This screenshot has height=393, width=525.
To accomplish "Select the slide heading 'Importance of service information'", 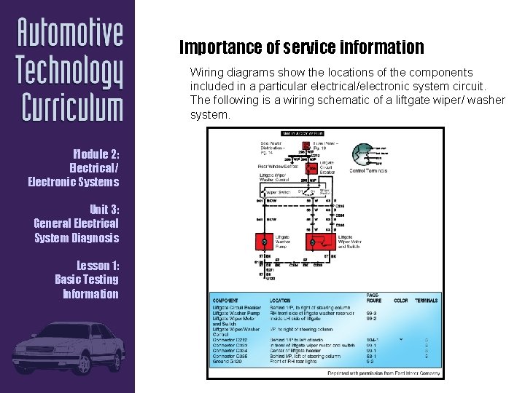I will pos(301,48).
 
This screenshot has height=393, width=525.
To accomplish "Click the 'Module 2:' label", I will pos(96,154).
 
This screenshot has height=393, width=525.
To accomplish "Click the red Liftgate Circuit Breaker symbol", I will pos(313,168).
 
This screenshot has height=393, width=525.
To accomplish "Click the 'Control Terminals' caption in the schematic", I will pos(369,171).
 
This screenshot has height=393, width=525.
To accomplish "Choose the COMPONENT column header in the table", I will pos(225,301).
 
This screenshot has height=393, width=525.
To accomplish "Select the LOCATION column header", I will pos(279,301).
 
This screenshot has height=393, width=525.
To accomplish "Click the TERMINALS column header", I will pos(427,301).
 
